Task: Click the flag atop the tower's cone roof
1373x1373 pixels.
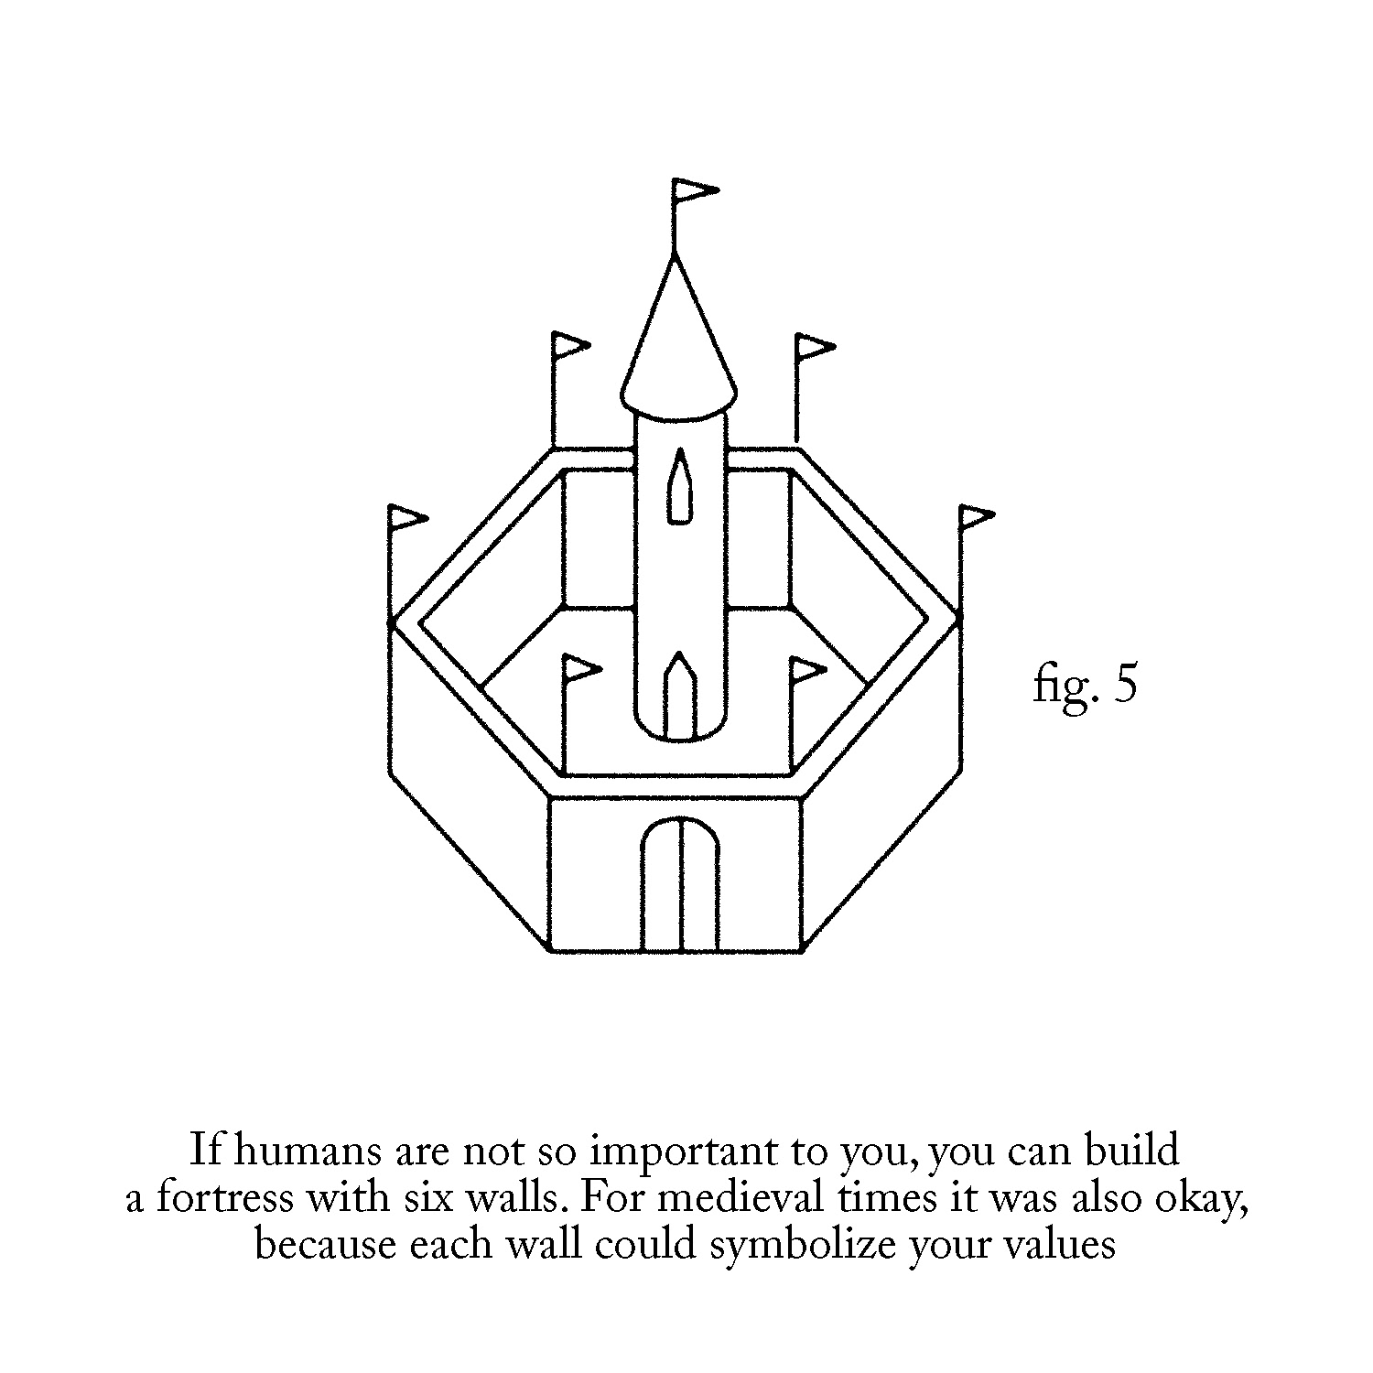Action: click(x=692, y=191)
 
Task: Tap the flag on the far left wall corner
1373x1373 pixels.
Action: click(x=406, y=518)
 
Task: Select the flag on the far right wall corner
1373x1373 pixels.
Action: click(x=976, y=518)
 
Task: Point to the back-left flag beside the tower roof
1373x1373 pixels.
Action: click(x=569, y=347)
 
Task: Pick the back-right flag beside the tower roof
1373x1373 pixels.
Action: click(x=813, y=348)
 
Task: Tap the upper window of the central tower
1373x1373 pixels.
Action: click(x=678, y=489)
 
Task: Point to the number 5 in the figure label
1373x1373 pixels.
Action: click(x=1125, y=685)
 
